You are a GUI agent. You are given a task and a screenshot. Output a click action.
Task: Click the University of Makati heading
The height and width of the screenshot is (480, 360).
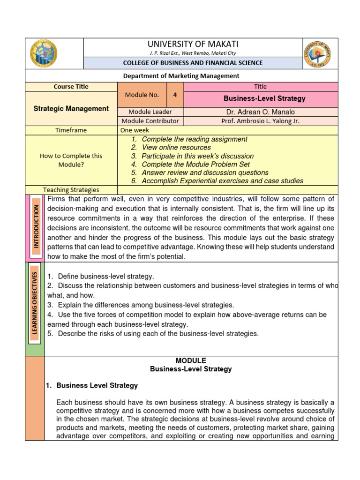pyautogui.click(x=193, y=44)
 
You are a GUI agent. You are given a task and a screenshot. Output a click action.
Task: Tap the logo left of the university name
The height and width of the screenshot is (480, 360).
pyautogui.click(x=44, y=53)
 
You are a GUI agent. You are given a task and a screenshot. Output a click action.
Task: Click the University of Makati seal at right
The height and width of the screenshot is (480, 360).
pyautogui.click(x=317, y=53)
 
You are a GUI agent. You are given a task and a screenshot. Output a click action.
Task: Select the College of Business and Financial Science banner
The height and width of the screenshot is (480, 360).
pyautogui.click(x=193, y=63)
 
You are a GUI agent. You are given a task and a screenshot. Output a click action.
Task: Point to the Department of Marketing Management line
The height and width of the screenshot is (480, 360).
pyautogui.click(x=180, y=75)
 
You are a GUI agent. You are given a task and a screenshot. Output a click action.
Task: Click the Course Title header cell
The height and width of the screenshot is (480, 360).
pyautogui.click(x=71, y=87)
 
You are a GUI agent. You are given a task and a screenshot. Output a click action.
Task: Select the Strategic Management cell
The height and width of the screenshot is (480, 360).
pyautogui.click(x=71, y=109)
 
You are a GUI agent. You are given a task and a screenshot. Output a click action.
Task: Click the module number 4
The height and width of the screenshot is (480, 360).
pyautogui.click(x=175, y=95)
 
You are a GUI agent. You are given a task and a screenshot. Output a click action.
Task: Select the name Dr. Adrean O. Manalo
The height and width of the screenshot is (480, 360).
pyautogui.click(x=260, y=112)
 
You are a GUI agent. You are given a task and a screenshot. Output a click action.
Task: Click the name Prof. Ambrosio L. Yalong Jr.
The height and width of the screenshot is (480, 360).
pyautogui.click(x=260, y=121)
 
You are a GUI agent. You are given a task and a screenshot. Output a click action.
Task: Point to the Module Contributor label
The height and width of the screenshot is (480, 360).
pyautogui.click(x=150, y=121)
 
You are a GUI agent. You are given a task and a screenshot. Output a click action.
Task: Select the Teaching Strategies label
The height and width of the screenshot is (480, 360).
pyautogui.click(x=71, y=190)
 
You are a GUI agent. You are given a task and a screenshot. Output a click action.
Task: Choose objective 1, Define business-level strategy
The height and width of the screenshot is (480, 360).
pyautogui.click(x=101, y=277)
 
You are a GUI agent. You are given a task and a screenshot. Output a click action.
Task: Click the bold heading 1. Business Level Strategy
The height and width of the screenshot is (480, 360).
pyautogui.click(x=92, y=385)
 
